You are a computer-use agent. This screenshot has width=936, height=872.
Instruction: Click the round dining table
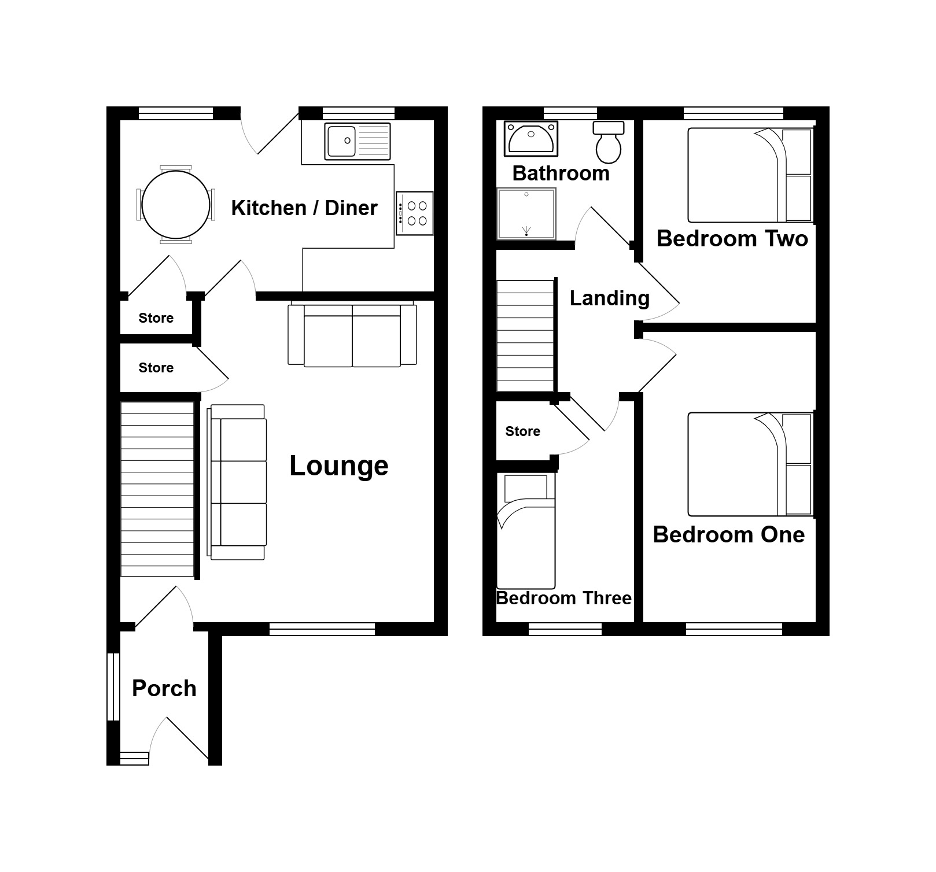[x=176, y=205]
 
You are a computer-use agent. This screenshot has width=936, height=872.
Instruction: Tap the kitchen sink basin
[x=341, y=141]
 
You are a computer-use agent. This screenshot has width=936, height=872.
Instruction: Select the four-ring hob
[x=415, y=213]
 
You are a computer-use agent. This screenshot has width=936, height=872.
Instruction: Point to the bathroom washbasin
[x=531, y=138]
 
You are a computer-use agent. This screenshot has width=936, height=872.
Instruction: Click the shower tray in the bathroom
[x=526, y=213]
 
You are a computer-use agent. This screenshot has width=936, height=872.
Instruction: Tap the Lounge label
[x=339, y=466]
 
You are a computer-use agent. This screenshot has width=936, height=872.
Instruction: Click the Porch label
[x=164, y=688]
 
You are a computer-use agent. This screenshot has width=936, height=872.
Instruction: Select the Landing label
[x=610, y=298]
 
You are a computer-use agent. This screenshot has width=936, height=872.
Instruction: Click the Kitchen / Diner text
[x=304, y=208]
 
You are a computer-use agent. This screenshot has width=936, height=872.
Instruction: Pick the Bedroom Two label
[x=732, y=238]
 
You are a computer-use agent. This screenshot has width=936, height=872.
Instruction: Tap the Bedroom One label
[x=729, y=534]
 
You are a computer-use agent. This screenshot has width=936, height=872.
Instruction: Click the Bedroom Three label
[x=564, y=598]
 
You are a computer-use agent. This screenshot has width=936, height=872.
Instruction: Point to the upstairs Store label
[x=523, y=431]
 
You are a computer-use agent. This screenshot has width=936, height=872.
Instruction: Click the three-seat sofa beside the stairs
[x=237, y=482]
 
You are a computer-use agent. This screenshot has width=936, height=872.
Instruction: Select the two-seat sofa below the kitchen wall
[x=352, y=334]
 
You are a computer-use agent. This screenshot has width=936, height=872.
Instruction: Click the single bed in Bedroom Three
[x=526, y=531]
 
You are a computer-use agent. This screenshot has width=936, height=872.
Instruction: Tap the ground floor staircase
[x=157, y=489]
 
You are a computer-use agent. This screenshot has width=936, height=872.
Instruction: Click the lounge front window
[x=322, y=629]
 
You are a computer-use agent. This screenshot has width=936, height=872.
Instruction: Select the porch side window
[x=113, y=687]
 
